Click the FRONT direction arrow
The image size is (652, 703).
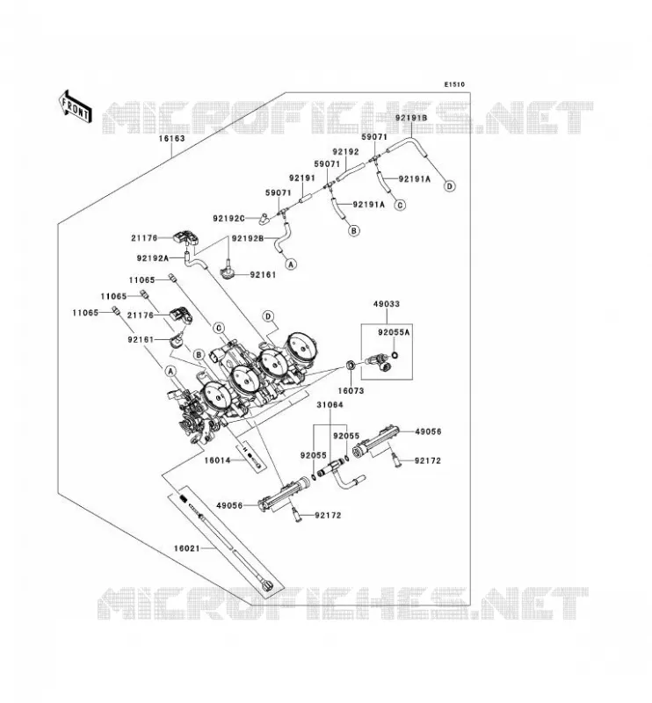click(76, 107)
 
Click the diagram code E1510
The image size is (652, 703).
click(454, 84)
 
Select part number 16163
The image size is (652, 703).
click(171, 139)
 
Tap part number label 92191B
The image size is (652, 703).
click(411, 118)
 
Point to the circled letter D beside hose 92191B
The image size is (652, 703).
click(449, 186)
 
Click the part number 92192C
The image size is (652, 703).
click(228, 218)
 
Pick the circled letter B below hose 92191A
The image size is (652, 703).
click(354, 230)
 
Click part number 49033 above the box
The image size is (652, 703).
click(387, 304)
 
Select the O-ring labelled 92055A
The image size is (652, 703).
click(395, 356)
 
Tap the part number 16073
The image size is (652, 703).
click(351, 391)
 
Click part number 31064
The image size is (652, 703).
click(330, 405)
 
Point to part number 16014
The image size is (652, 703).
click(218, 460)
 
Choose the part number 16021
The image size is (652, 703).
click(187, 547)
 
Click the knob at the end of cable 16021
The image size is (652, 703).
click(268, 585)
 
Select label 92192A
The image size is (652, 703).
click(153, 258)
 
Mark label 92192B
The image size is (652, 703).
click(248, 238)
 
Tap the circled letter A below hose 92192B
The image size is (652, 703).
click(292, 265)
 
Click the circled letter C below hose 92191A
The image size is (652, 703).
click(400, 205)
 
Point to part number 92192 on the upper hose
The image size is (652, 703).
click(345, 152)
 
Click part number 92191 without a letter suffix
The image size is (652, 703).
click(302, 178)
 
